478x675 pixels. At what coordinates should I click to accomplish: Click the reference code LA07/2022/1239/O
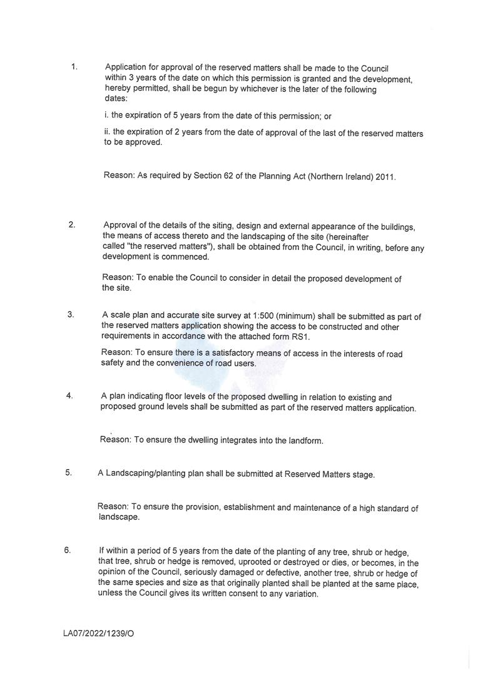[x=98, y=633]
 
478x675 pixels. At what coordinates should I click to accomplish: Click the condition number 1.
[x=74, y=66]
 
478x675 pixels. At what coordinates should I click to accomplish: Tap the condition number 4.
[x=69, y=395]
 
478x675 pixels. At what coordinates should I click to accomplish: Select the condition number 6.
[x=67, y=550]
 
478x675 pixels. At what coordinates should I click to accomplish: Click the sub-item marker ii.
[x=107, y=132]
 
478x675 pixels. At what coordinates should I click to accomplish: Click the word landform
[x=304, y=441]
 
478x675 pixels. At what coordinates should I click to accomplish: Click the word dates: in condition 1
[x=116, y=98]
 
